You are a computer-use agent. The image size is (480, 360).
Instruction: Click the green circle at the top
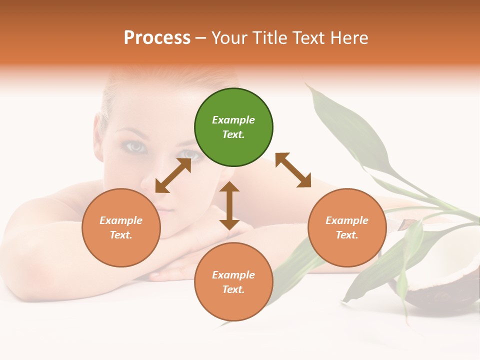tap(233, 127)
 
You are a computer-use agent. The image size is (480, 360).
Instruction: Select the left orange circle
tap(121, 227)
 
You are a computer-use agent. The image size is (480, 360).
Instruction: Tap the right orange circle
tap(347, 227)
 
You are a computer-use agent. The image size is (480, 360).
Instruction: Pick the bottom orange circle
tap(233, 282)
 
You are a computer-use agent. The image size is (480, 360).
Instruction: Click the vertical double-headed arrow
tap(229, 205)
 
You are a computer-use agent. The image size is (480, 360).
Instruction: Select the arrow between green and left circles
tap(173, 175)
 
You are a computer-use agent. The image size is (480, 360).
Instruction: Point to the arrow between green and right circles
tap(293, 170)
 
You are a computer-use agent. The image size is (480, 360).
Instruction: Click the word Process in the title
tap(157, 37)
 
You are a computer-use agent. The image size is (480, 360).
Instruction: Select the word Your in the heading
tap(229, 37)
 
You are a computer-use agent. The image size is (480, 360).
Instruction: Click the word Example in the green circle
tap(233, 120)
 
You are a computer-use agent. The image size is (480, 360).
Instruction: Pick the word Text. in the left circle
tap(121, 235)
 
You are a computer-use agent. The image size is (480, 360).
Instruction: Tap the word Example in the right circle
tap(347, 220)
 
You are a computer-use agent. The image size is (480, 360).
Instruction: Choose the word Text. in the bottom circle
tap(233, 289)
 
